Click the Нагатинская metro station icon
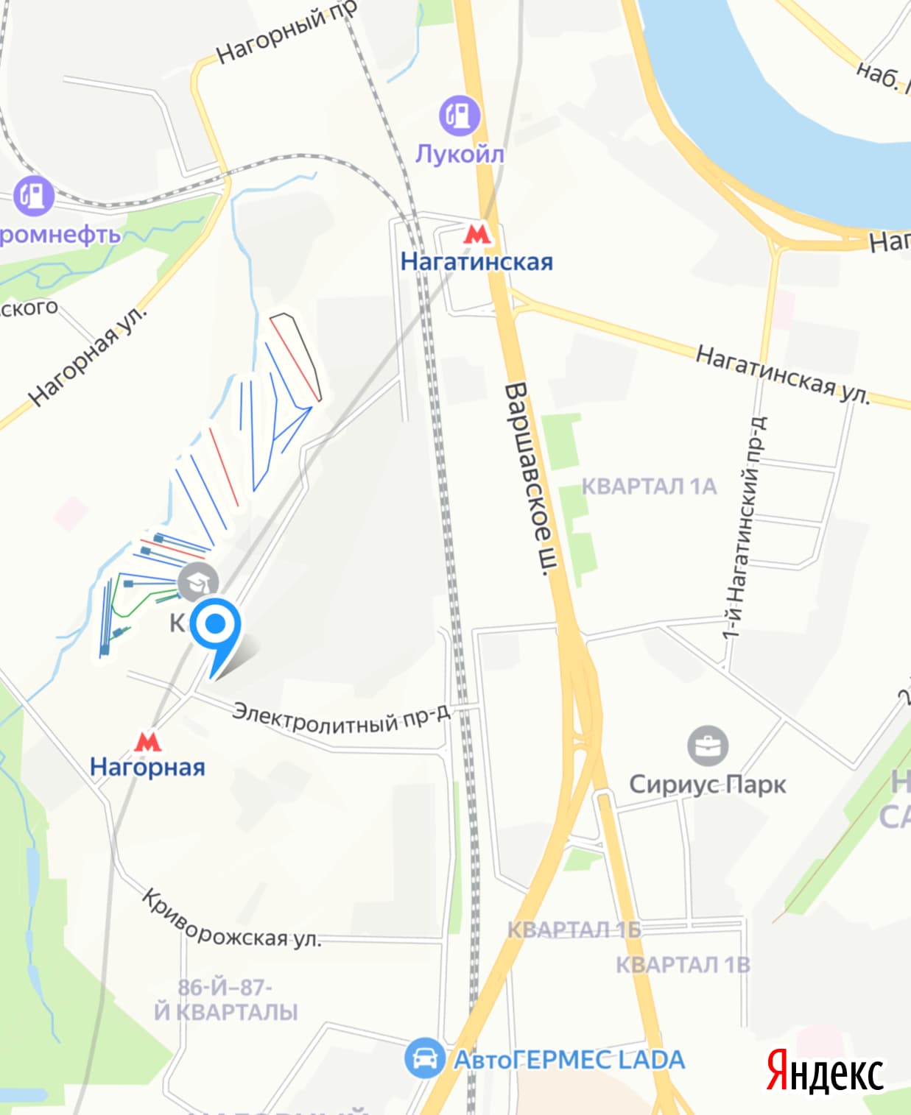point(476,235)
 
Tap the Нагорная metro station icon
point(148,741)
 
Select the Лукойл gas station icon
point(460,116)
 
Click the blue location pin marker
point(215,625)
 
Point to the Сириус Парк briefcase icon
point(708,746)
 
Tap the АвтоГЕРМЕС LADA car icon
point(424,1058)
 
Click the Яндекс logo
point(825,1072)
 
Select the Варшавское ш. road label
point(530,478)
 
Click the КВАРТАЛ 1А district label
point(649,486)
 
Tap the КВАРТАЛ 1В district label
point(683,964)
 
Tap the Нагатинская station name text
point(476,261)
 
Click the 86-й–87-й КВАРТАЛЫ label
point(225,999)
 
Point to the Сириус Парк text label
point(707,785)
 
